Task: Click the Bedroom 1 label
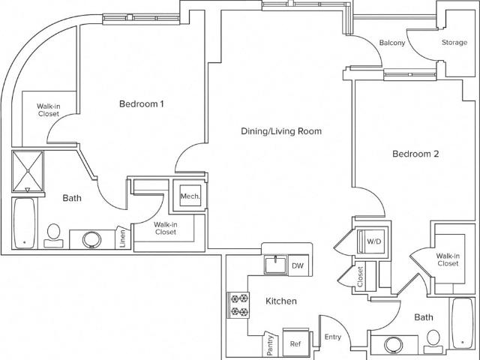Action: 142,104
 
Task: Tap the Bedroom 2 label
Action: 415,154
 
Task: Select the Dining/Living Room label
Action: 281,131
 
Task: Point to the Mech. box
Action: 190,196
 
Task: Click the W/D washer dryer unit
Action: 371,241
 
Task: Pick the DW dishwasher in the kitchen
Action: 298,265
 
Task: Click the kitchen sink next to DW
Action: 276,265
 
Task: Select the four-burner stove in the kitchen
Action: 238,305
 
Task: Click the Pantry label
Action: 270,345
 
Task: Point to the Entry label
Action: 333,337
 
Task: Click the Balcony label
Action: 392,43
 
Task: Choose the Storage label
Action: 454,43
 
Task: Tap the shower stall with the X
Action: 28,171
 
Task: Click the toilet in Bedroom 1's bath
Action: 53,235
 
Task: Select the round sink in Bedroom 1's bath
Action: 91,240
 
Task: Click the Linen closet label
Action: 123,238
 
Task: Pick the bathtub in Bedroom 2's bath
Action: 463,323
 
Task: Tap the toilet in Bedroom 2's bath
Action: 433,341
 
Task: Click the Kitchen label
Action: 281,301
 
